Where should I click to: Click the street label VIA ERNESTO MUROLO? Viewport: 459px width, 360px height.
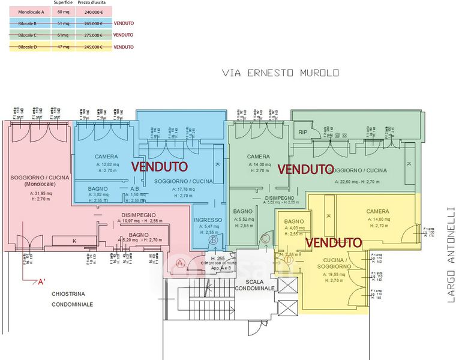coord(280,73)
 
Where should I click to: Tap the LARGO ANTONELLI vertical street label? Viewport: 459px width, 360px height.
coord(451,254)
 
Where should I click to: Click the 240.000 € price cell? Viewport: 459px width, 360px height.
coord(94,11)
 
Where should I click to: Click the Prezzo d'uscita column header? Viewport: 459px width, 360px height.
coord(93,3)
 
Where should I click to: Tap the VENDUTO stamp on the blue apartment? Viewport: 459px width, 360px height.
coord(159,166)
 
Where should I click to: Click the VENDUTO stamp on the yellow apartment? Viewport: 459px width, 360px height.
coord(334,242)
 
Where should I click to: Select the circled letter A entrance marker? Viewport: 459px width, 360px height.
coord(181,263)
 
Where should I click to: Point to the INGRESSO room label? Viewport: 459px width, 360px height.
coord(208,220)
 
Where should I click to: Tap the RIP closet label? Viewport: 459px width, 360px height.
coord(303,133)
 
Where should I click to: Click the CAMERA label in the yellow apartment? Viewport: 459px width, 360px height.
coord(377,211)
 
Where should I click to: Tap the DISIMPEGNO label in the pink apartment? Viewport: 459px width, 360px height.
coord(139,215)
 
